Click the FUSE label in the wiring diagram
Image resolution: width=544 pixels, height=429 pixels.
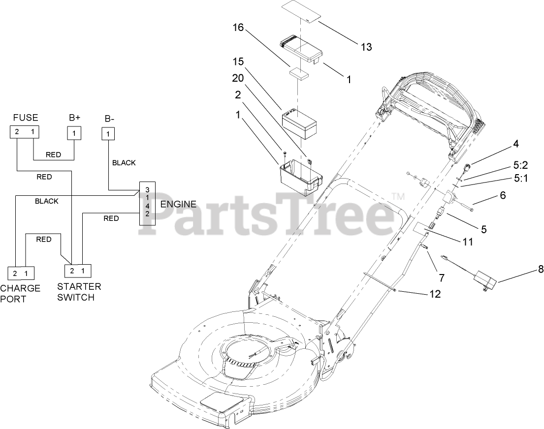tap(25, 118)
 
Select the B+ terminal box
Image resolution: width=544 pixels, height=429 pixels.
tap(74, 133)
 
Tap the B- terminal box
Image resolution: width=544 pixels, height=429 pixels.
tap(108, 133)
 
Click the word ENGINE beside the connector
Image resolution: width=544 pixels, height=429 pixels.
tap(178, 204)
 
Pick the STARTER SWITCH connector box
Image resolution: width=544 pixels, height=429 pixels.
tap(78, 271)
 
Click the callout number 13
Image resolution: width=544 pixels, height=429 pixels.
tap(366, 47)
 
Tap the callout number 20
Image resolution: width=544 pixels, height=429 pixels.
tap(238, 78)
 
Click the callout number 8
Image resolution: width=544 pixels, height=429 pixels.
tap(527, 270)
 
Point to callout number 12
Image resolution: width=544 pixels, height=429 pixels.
tap(435, 294)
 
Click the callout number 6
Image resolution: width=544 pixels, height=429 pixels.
tap(503, 195)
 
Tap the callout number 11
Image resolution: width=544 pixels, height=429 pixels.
tap(468, 242)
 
